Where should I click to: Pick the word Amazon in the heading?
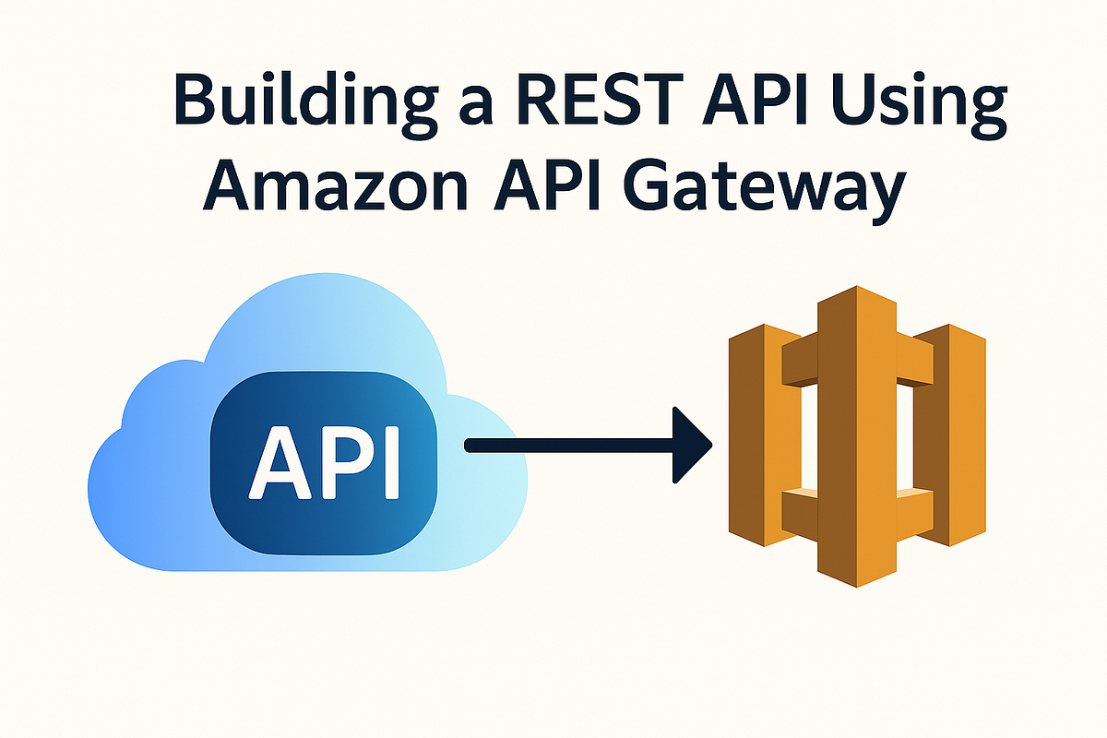point(336,184)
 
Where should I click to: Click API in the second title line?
point(546,184)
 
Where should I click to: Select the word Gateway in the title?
point(764,190)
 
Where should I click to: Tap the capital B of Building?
point(195,98)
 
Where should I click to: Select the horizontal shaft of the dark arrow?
point(569,446)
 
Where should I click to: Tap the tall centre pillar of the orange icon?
point(856,436)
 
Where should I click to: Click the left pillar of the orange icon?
point(765,435)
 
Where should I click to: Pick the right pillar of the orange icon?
point(949,435)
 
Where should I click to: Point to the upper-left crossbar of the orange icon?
point(800,360)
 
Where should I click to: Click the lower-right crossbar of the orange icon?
point(915,514)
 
